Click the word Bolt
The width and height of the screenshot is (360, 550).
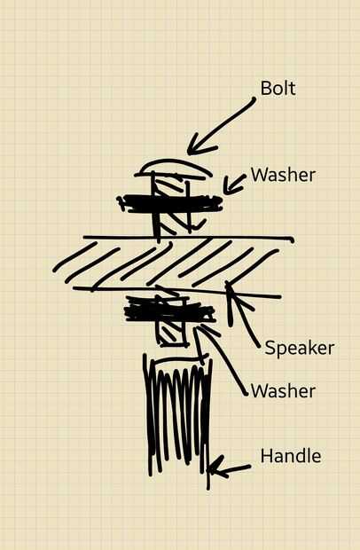click(x=278, y=88)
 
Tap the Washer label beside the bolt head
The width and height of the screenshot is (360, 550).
click(x=283, y=175)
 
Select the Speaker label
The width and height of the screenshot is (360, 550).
click(x=300, y=349)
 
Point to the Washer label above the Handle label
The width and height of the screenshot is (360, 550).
click(x=283, y=390)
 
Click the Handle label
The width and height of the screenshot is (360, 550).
click(x=291, y=456)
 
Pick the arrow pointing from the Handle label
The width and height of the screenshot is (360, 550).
click(x=229, y=469)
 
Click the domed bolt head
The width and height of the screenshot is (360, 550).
click(x=173, y=167)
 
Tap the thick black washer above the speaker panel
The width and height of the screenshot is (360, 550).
click(x=170, y=204)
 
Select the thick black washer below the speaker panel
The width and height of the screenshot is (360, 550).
click(x=169, y=310)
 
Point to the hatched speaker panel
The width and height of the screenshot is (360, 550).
click(x=174, y=263)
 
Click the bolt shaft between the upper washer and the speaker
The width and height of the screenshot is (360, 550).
click(x=172, y=224)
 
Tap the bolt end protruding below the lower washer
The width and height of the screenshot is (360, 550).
click(x=172, y=334)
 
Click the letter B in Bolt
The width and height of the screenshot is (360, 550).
click(x=266, y=89)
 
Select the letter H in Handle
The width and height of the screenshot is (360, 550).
click(x=266, y=456)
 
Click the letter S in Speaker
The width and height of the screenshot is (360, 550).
click(x=270, y=348)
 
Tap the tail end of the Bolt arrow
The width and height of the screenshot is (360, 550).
click(x=254, y=99)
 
